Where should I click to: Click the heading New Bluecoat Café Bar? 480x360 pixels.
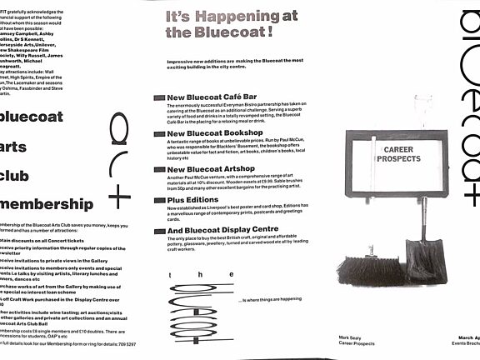pyautogui.click(x=215, y=97)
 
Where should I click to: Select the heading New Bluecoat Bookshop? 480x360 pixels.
pyautogui.click(x=215, y=133)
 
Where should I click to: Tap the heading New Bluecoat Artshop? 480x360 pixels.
pyautogui.click(x=211, y=169)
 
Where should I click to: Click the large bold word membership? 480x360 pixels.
pyautogui.click(x=47, y=205)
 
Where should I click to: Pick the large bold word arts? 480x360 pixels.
pyautogui.click(x=17, y=147)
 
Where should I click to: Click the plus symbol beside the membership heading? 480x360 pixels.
pyautogui.click(x=119, y=198)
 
